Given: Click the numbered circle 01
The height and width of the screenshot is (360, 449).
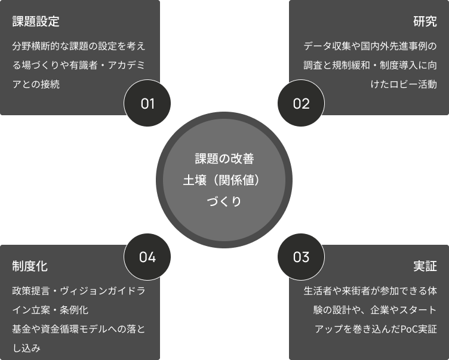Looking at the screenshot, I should click(147, 103).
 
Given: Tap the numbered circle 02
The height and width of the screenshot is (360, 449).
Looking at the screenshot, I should click(302, 103).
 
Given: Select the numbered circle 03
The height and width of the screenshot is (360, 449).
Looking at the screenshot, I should click(302, 257).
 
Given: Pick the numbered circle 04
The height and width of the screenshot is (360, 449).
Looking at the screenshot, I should click(147, 257).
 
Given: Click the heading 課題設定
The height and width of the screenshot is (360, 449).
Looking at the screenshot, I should click(36, 22).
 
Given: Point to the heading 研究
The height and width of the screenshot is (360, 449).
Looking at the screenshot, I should click(425, 22).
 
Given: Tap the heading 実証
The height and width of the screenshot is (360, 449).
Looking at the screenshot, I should click(425, 266).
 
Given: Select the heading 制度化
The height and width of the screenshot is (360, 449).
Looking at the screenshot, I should click(30, 266).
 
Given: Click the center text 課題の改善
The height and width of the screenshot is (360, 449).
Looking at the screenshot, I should click(224, 159).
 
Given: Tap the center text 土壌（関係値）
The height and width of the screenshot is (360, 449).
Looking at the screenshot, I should click(224, 180).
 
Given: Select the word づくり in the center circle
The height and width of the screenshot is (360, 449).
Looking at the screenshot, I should click(224, 202).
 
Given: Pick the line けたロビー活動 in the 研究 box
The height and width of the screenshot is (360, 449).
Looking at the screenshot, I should click(404, 84).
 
